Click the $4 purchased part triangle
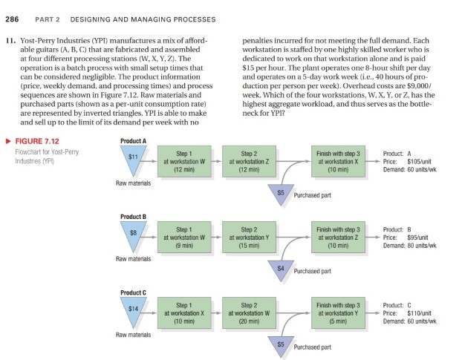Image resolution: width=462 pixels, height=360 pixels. (280, 266)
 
